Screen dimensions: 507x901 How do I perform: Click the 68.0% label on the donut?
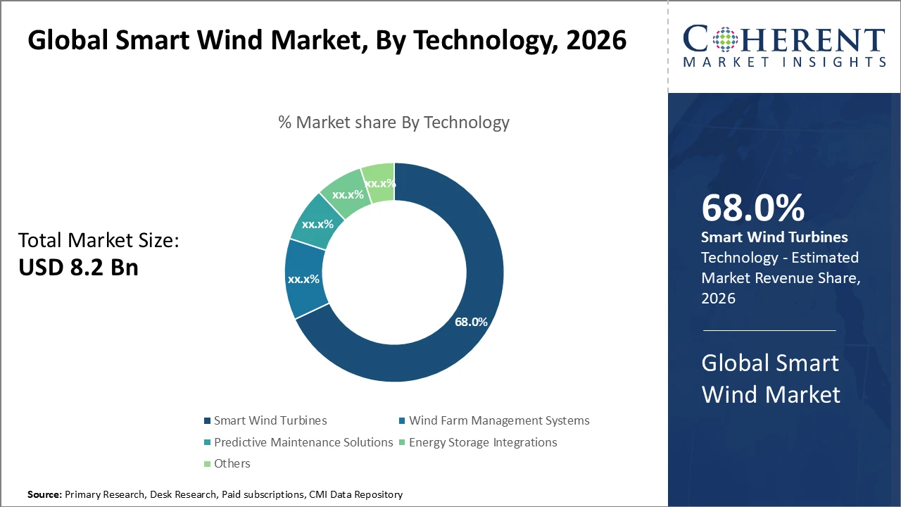pyautogui.click(x=471, y=322)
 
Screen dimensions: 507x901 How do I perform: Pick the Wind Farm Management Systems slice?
pyautogui.click(x=303, y=279)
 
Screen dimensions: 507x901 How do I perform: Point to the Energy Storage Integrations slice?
pyautogui.click(x=347, y=194)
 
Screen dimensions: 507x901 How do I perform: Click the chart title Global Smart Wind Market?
pyautogui.click(x=327, y=40)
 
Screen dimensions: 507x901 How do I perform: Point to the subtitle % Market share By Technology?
pyautogui.click(x=393, y=123)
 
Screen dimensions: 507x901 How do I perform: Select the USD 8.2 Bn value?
pyautogui.click(x=78, y=268)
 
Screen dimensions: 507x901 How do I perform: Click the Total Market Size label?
pyautogui.click(x=99, y=240)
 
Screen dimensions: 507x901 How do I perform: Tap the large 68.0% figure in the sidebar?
pyautogui.click(x=752, y=208)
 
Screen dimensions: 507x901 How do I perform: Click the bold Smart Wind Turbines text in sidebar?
pyautogui.click(x=774, y=237)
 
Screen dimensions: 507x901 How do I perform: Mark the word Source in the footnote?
pyautogui.click(x=44, y=495)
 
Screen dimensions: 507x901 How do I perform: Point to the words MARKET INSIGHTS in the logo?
pyautogui.click(x=784, y=62)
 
